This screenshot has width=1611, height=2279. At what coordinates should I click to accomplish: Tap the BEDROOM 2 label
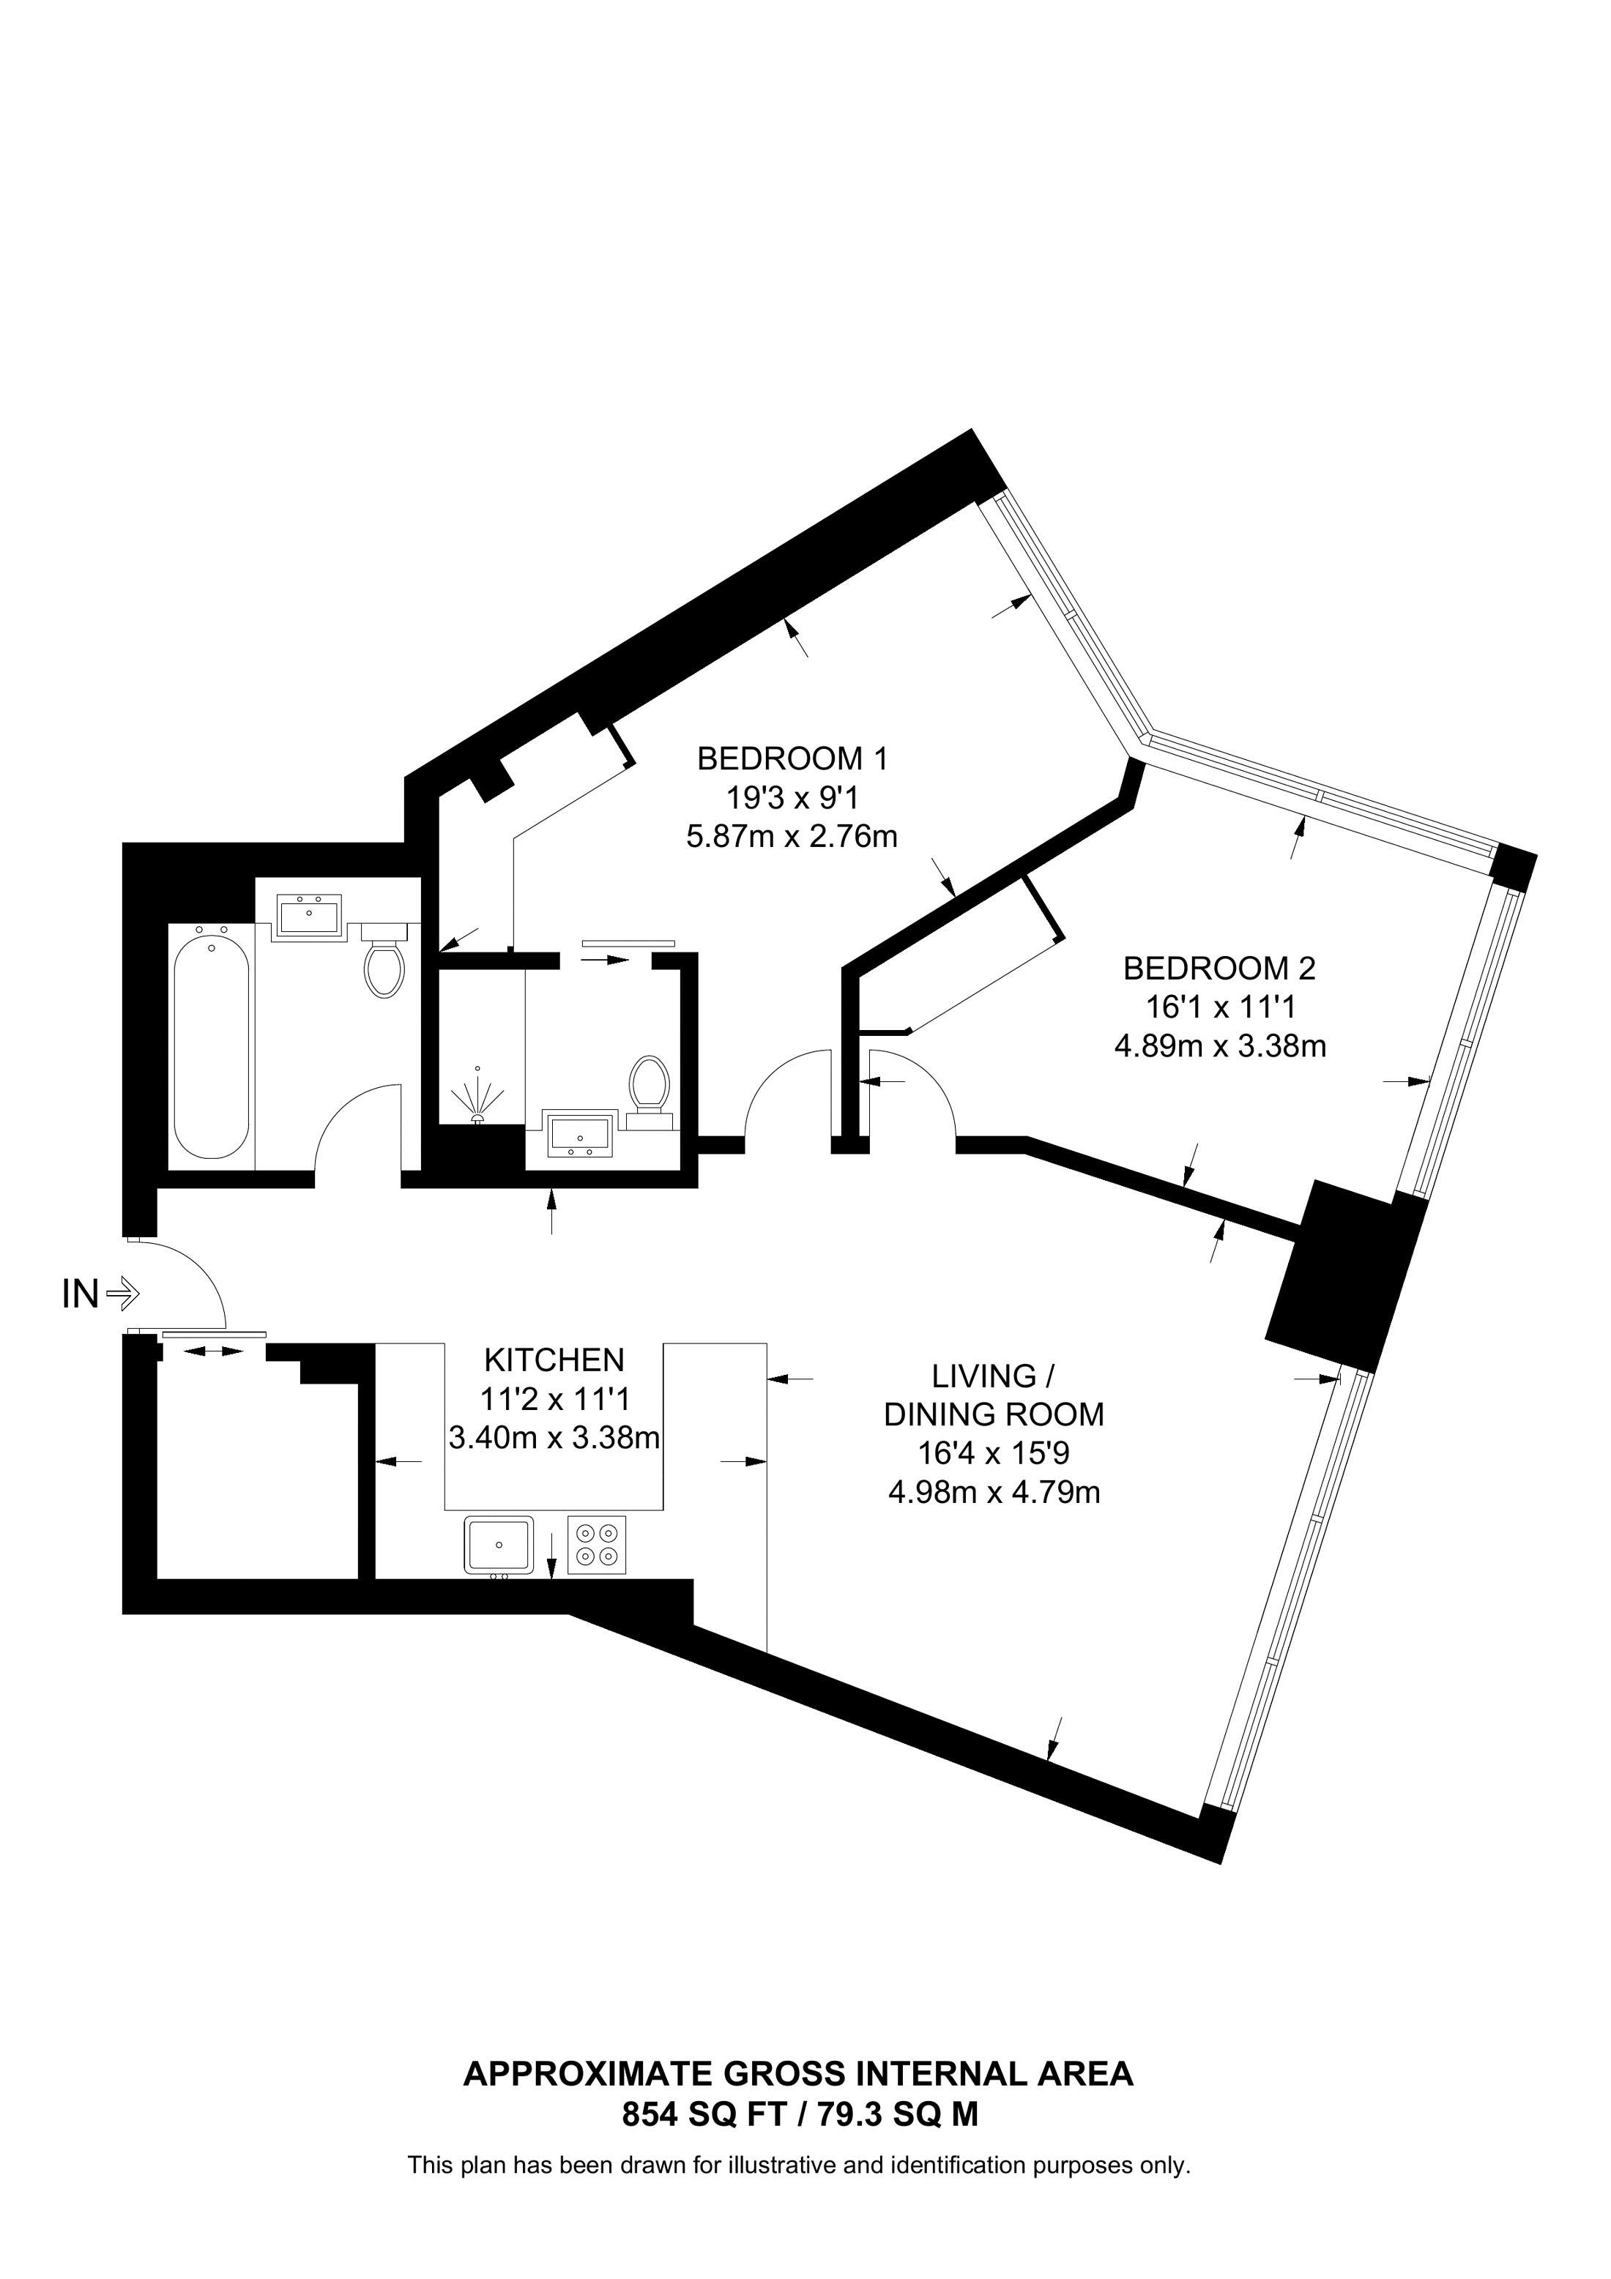(1219, 968)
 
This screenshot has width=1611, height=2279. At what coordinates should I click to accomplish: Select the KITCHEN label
(554, 1359)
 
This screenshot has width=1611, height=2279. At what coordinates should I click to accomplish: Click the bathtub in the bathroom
(210, 1042)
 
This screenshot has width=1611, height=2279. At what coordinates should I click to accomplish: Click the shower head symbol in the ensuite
(477, 1100)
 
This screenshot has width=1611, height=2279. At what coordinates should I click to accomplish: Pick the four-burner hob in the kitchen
(597, 1545)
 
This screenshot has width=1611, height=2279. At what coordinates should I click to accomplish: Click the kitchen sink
(498, 1545)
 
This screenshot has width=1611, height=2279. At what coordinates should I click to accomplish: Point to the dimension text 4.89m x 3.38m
(1220, 1045)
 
